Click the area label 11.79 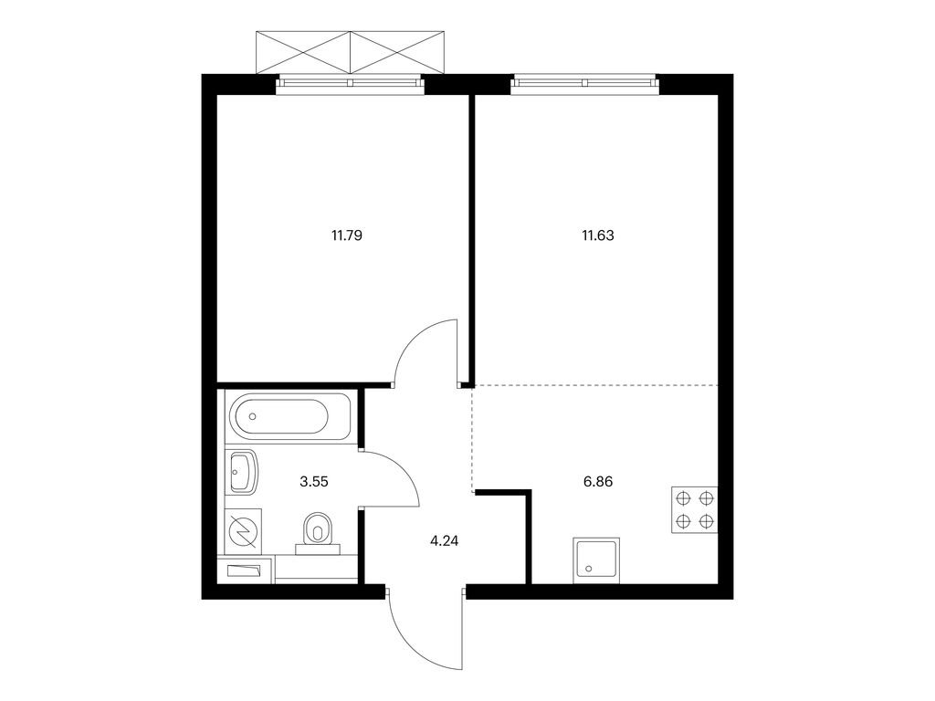[x=347, y=235]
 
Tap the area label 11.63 [x=597, y=235]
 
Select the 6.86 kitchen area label [x=597, y=482]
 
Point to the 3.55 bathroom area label [x=314, y=482]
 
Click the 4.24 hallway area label [x=445, y=542]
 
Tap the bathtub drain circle [x=253, y=416]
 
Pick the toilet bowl [x=318, y=530]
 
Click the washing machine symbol [x=243, y=531]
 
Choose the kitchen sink [x=596, y=560]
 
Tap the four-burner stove [x=695, y=509]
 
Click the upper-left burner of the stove [x=683, y=497]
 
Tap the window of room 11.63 [x=584, y=84]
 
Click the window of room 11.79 [x=350, y=84]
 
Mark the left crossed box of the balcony [x=303, y=52]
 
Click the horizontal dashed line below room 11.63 [x=595, y=386]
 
